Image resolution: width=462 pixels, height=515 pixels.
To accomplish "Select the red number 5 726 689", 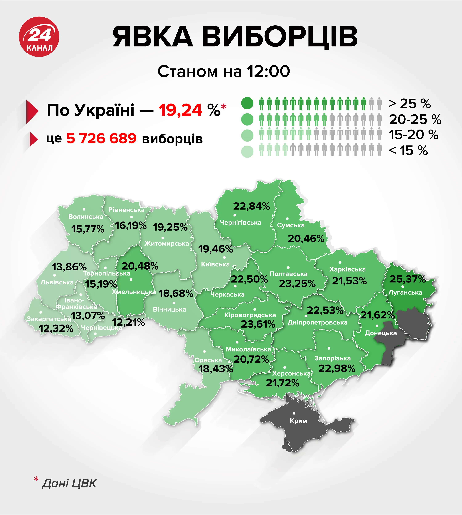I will [101, 139].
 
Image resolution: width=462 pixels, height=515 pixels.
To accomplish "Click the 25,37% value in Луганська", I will [407, 279].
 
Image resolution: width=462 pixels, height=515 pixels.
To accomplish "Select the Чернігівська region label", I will [240, 223].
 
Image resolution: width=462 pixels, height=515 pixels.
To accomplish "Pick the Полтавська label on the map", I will [288, 274].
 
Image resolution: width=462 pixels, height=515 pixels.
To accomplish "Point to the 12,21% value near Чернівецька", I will [128, 322].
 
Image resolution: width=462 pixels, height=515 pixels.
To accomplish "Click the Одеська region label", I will [208, 360].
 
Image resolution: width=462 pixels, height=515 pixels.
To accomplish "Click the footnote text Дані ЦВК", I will [69, 483].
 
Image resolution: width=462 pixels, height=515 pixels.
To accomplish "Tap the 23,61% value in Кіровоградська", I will [258, 324].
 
